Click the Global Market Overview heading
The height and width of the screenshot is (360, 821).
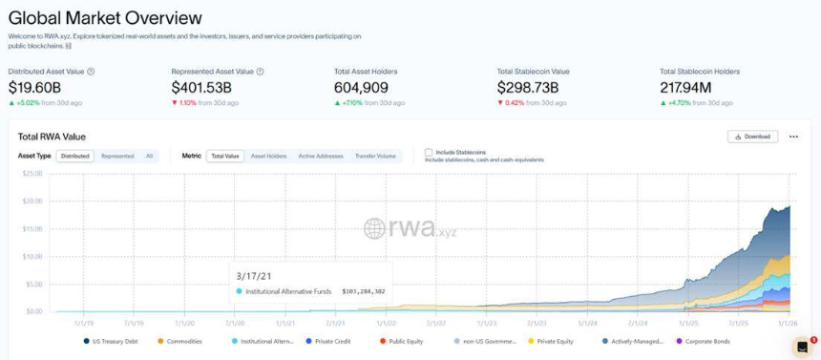tap(105, 18)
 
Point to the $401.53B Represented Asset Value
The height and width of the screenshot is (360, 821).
tap(201, 87)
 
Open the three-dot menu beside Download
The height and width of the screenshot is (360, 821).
tap(793, 137)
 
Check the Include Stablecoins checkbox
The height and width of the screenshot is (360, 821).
tap(429, 153)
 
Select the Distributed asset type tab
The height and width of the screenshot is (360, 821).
tap(74, 156)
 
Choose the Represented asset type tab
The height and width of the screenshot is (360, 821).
tap(117, 156)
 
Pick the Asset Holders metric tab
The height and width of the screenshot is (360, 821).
tap(268, 156)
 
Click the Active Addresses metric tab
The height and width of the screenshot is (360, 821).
tap(320, 156)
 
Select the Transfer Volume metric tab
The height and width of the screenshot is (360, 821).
tap(375, 156)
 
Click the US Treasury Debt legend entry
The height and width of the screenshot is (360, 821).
tap(115, 341)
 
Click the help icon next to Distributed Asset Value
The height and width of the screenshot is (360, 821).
tap(91, 72)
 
